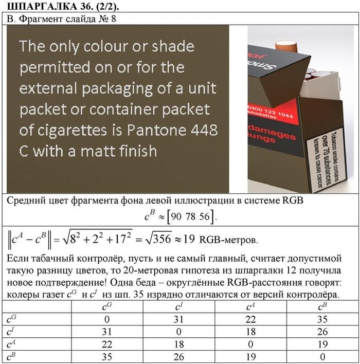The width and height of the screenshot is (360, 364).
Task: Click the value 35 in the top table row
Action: [322, 319]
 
